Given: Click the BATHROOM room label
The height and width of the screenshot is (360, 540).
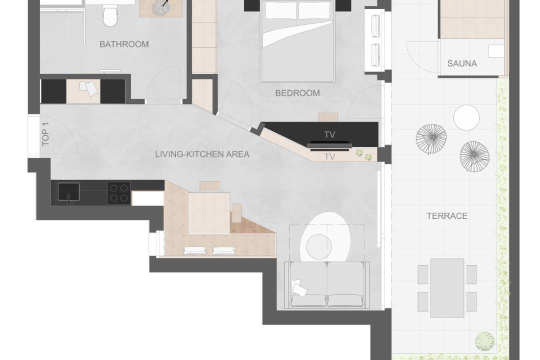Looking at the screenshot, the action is pos(124,44).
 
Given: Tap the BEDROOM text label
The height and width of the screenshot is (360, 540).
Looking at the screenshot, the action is pos(297,93).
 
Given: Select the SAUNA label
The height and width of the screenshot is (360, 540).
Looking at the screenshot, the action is pos(462,63).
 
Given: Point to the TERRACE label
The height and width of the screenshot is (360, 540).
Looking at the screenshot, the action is pos(447,216).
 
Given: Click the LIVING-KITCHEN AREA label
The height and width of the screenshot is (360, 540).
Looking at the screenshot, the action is pos(202,154).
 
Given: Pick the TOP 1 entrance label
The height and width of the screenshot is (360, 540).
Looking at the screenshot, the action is pos(45,134).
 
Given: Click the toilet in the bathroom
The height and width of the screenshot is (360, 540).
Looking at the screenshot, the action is pos(110,15).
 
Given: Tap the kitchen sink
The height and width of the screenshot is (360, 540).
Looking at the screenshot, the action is pos(68,192).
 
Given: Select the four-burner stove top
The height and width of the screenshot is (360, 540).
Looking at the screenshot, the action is pos(119,193).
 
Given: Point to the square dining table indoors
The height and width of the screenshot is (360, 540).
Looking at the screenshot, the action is pos(209,213).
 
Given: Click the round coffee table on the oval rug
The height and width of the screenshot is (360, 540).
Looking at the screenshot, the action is pos(319,246).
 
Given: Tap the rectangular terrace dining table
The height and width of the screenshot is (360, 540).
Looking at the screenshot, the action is pos(447,288).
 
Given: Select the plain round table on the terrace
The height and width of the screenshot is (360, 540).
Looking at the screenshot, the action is pos(466,117).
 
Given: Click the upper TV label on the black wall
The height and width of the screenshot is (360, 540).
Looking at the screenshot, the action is pos(329,134).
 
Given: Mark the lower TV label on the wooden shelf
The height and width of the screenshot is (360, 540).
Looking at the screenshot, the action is pos(329,156).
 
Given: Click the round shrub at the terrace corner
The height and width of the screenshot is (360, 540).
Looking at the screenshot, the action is pos(484,340).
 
